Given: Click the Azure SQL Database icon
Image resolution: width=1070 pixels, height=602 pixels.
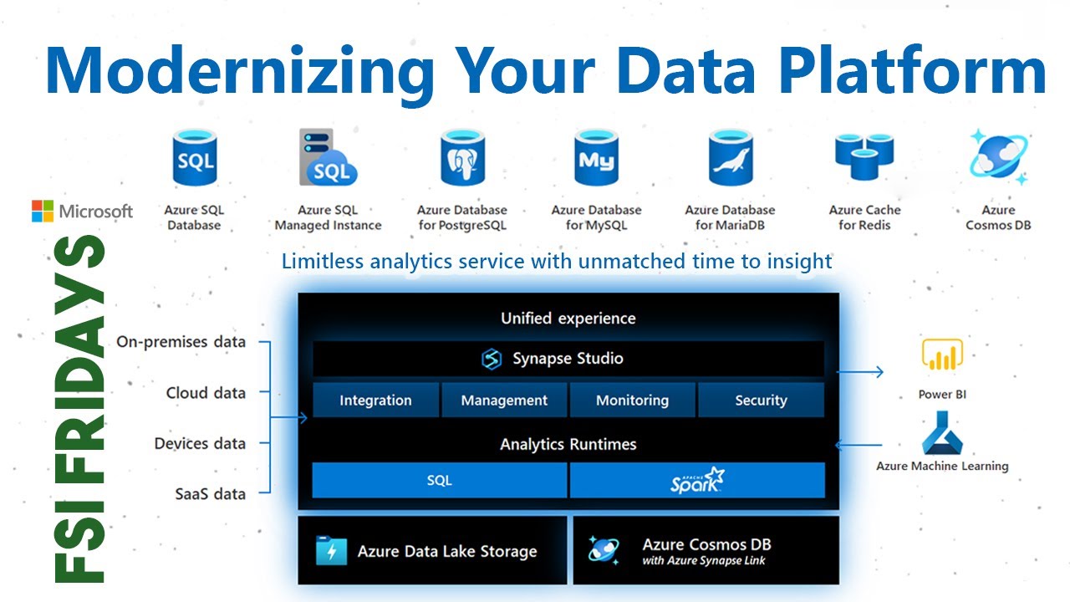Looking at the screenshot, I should (x=194, y=158).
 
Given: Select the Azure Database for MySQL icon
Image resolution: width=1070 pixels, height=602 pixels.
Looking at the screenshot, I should (x=596, y=158).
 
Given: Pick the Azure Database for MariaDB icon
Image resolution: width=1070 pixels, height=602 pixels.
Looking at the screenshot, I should (x=730, y=158).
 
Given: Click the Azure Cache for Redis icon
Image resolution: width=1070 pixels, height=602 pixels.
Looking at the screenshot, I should (x=864, y=158).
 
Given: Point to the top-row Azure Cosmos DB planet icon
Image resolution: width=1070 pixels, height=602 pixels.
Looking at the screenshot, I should (x=998, y=157).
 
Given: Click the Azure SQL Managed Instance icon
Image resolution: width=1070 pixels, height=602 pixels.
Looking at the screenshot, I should (x=328, y=158).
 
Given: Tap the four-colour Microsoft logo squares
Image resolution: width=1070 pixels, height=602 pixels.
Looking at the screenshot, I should (x=43, y=211).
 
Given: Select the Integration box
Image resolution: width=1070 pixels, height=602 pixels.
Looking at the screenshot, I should (x=375, y=400).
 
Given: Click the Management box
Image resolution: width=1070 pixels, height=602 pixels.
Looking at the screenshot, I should (x=504, y=400).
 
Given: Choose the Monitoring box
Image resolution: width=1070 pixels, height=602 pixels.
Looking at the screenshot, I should (x=632, y=400).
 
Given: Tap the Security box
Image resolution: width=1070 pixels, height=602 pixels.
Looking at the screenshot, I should (x=761, y=400).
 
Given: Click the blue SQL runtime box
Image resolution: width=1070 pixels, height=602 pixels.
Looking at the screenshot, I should (x=439, y=480).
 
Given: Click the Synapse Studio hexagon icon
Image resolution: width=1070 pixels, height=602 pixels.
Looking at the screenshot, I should (x=492, y=359).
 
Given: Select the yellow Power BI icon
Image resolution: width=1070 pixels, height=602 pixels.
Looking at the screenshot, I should (x=942, y=355).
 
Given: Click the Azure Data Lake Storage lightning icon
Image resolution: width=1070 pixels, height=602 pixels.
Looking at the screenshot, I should (x=332, y=551).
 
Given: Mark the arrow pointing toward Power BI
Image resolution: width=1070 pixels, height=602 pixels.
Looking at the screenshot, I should (x=861, y=371).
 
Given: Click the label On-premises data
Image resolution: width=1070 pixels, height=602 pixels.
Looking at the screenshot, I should (x=181, y=341).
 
